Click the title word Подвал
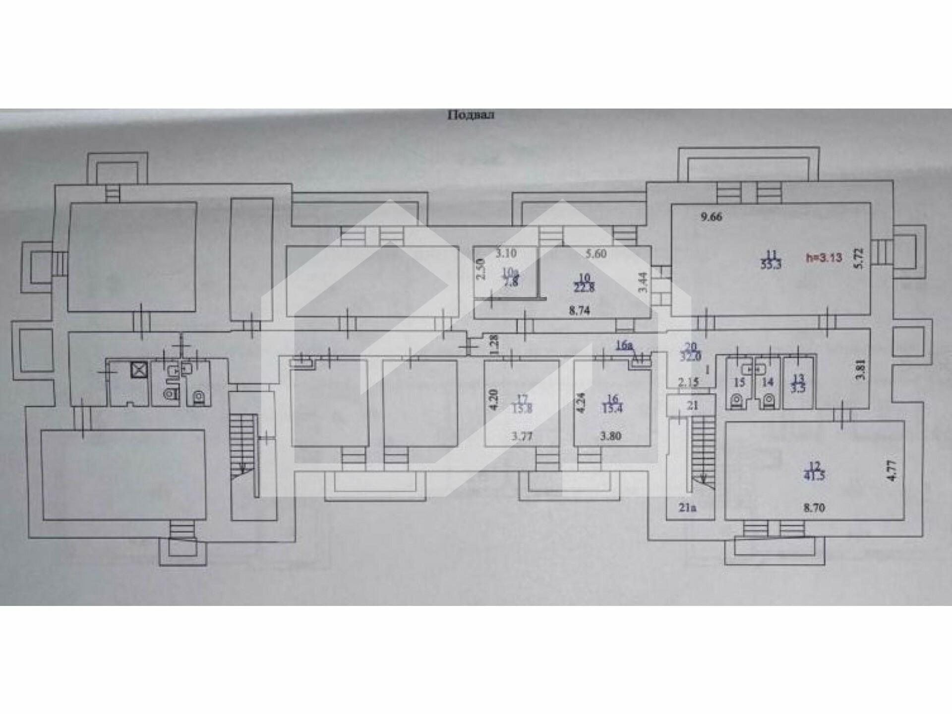[471, 116]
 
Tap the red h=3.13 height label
[824, 257]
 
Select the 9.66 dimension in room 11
[711, 217]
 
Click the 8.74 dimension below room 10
[579, 312]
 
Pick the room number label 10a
[509, 272]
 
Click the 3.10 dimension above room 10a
[506, 253]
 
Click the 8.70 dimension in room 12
[813, 508]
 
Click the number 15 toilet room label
[739, 382]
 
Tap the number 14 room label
[767, 382]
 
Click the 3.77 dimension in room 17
[522, 437]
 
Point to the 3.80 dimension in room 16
[610, 437]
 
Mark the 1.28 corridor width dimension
[493, 345]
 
